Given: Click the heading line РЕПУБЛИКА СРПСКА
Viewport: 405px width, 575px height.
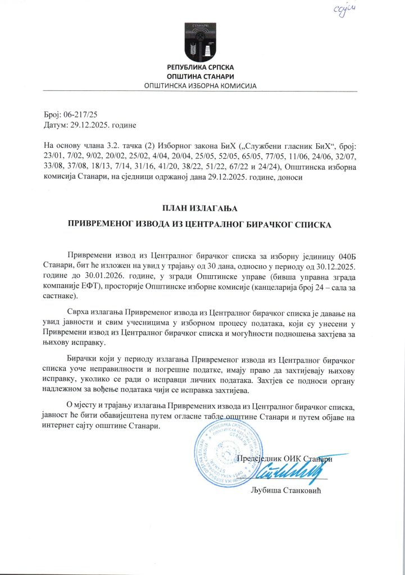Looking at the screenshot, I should (201, 68).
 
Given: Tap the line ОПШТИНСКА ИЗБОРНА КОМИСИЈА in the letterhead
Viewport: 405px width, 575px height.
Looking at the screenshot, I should (201, 86).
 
